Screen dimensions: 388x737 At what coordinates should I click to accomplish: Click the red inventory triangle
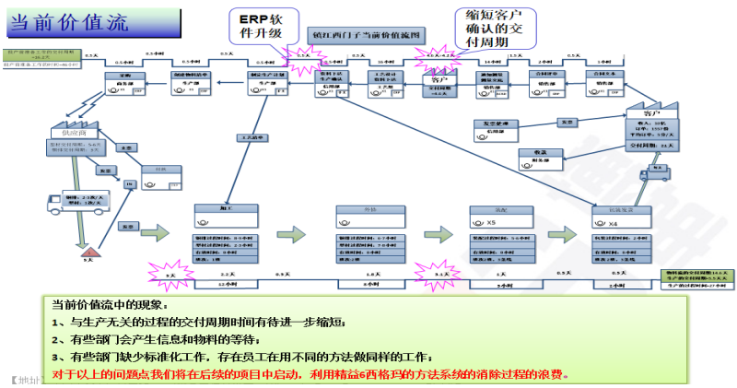click(90, 248)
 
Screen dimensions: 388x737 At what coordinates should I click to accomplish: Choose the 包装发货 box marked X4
click(623, 218)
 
